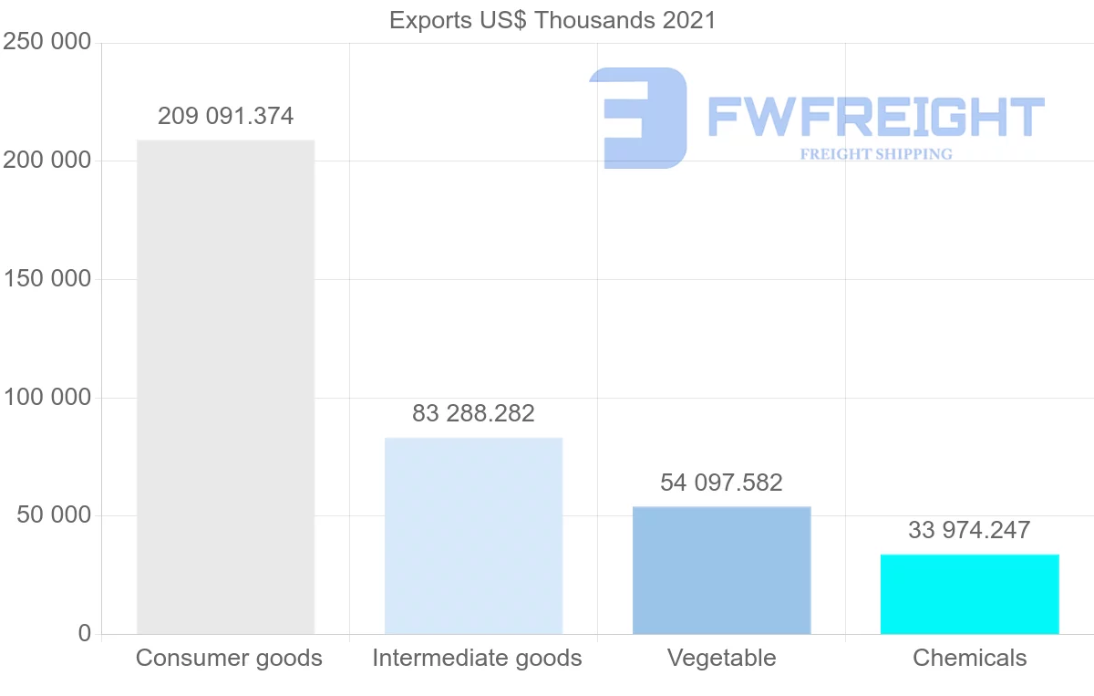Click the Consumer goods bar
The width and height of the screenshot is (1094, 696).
pos(225,387)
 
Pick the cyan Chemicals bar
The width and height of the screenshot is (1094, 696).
pos(969,594)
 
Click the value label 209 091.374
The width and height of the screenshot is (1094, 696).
pos(225,117)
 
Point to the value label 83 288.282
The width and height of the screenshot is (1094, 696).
pos(473,413)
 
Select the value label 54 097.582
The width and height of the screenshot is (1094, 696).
pos(721,483)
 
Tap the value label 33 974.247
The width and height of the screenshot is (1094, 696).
pos(969,530)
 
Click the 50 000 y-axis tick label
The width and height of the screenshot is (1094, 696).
pos(54,515)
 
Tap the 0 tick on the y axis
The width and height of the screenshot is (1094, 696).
pos(85,633)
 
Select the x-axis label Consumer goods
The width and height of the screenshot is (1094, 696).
pos(229,658)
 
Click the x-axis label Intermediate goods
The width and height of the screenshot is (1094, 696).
pos(477,658)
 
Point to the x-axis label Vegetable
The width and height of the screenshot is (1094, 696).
pos(721,658)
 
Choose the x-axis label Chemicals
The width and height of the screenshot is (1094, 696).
pos(969,658)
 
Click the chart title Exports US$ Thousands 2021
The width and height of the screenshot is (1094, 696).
pos(552,20)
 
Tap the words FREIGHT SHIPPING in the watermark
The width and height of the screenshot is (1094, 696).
pos(876,154)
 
